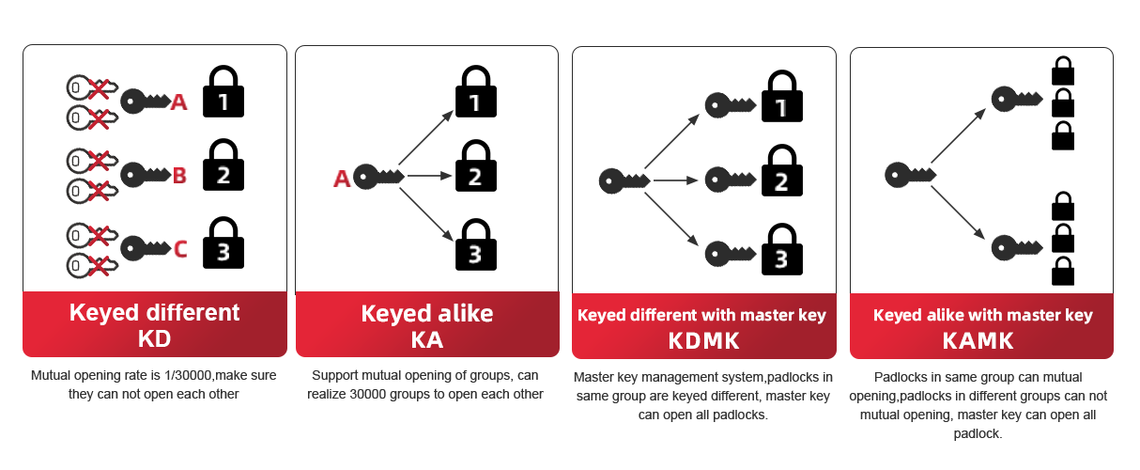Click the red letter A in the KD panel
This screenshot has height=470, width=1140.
(x=178, y=102)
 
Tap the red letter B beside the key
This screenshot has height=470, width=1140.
(x=178, y=175)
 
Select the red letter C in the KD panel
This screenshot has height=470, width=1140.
(x=180, y=249)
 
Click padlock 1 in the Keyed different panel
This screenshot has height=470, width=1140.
(x=223, y=92)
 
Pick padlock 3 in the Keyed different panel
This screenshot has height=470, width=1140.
(x=223, y=243)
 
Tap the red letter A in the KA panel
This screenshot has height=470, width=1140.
(x=342, y=178)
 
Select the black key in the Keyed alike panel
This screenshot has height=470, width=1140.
(x=378, y=177)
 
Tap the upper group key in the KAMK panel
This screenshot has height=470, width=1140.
(x=1017, y=97)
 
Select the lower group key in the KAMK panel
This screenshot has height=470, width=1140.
(x=1017, y=248)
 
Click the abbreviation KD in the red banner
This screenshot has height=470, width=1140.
(x=154, y=337)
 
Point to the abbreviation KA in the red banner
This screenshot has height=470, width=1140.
(x=427, y=339)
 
